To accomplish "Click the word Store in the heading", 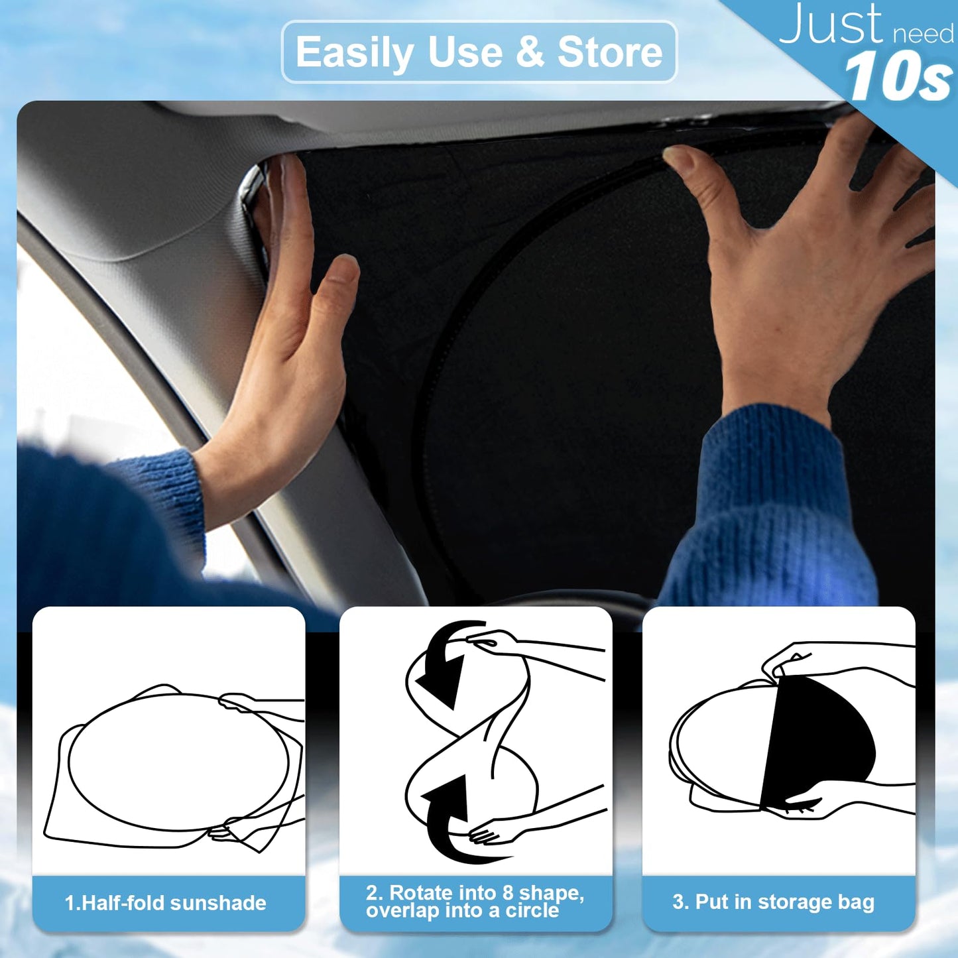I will pyautogui.click(x=609, y=52).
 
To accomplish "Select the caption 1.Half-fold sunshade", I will pyautogui.click(x=166, y=903).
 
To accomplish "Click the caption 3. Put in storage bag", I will pyautogui.click(x=773, y=902).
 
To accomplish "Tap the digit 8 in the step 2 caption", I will pyautogui.click(x=508, y=893).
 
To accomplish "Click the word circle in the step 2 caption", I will pyautogui.click(x=532, y=911).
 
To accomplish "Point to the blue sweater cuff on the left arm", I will pyautogui.click(x=166, y=491).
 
